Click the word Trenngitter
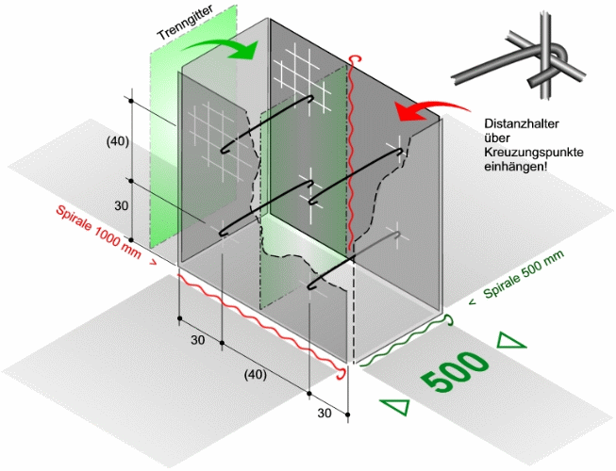tap(185, 22)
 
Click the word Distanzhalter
tap(521, 124)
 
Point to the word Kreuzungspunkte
tap(534, 153)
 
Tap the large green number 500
tap(455, 371)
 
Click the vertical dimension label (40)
tap(118, 142)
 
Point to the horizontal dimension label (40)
tap(255, 375)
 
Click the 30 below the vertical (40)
tap(122, 205)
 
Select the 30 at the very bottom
tap(325, 413)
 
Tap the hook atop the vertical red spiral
tap(355, 58)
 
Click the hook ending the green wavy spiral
tap(448, 320)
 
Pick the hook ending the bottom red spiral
tap(341, 374)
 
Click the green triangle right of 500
tap(509, 341)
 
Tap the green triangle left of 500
tap(397, 406)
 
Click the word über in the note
tap(497, 138)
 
